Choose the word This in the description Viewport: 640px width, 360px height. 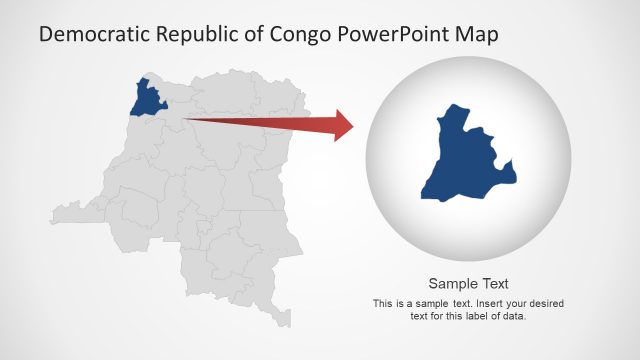click(x=382, y=303)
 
